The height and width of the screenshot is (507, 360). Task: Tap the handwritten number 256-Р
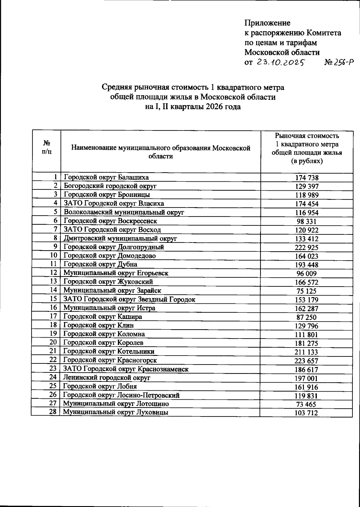339,62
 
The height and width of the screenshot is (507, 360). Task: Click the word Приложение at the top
267,23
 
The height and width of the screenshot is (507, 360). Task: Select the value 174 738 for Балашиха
307,177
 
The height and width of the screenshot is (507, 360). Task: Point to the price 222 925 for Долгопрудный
307,248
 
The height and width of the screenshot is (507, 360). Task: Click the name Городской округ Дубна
100,264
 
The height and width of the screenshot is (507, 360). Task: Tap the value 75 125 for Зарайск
307,291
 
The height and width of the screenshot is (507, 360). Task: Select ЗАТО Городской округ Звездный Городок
129,299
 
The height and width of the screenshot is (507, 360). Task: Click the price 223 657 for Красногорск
306,361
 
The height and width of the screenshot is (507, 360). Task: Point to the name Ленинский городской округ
106,378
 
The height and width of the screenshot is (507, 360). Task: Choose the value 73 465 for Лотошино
306,404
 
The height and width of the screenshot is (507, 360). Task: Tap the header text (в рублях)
307,161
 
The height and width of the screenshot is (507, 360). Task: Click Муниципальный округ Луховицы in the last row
115,412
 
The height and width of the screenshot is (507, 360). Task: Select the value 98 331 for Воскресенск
307,222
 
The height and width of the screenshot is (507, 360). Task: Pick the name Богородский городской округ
110,186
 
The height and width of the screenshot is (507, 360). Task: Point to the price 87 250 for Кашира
307,318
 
